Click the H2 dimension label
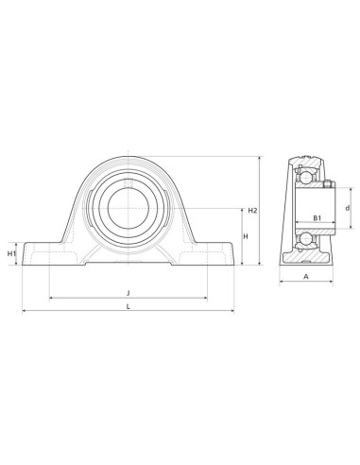pyautogui.click(x=252, y=211)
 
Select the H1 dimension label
pyautogui.click(x=11, y=254)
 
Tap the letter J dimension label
pyautogui.click(x=129, y=293)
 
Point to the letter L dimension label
pyautogui.click(x=129, y=306)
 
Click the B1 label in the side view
pyautogui.click(x=317, y=217)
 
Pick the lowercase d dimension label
pyautogui.click(x=348, y=208)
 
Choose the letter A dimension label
pyautogui.click(x=306, y=277)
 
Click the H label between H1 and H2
pyautogui.click(x=246, y=236)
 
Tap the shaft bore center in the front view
pyautogui.click(x=129, y=208)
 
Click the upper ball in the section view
pyautogui.click(x=305, y=177)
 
